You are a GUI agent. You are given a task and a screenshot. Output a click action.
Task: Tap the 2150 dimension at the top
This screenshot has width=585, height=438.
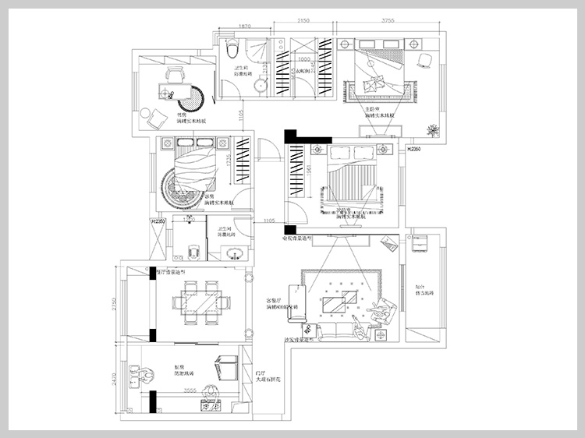(303, 22)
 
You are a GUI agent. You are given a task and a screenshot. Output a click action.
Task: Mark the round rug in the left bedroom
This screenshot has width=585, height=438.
(181, 186)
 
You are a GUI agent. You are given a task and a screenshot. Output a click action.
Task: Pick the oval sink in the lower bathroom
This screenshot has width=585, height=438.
(232, 252)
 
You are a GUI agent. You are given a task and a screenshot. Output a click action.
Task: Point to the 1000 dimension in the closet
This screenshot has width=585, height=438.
(304, 58)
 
